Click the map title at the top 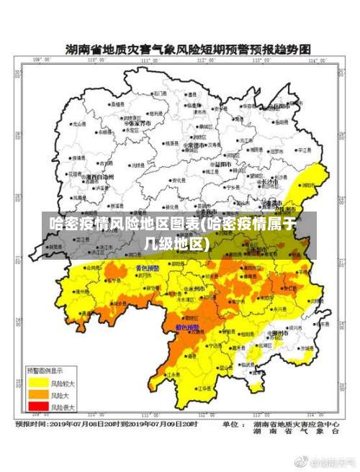(187, 50)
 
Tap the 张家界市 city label (138, 123)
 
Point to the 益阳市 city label (224, 163)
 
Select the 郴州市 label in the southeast (279, 333)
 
